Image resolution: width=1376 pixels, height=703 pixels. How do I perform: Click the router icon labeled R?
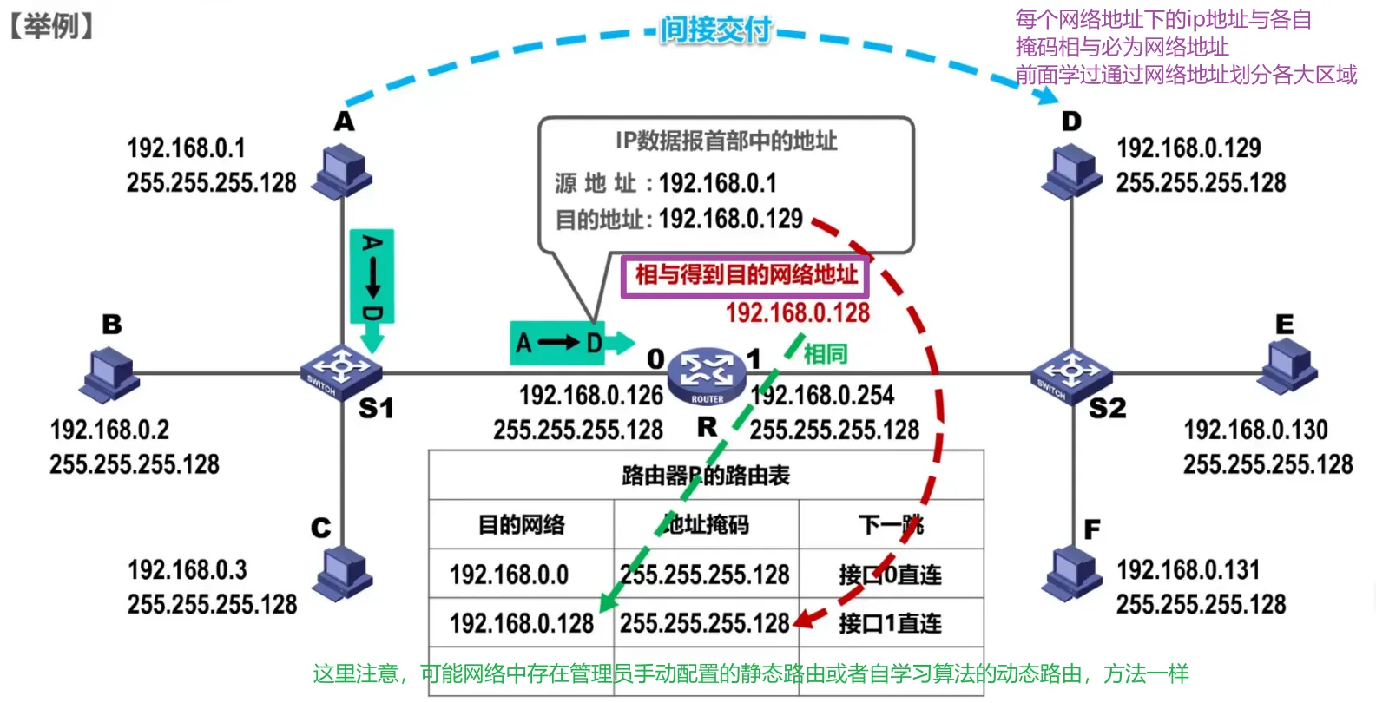pyautogui.click(x=707, y=374)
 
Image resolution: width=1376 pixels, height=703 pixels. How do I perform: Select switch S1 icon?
pyautogui.click(x=340, y=371)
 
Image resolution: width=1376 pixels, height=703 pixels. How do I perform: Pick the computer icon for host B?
pyautogui.click(x=110, y=374)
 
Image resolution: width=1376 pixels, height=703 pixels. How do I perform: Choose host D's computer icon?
pyautogui.click(x=1072, y=172)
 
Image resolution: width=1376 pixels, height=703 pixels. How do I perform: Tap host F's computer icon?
pyautogui.click(x=1072, y=575)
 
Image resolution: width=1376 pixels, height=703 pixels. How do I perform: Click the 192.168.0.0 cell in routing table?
pyautogui.click(x=510, y=575)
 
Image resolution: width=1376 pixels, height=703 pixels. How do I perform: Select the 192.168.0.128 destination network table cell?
pyautogui.click(x=522, y=623)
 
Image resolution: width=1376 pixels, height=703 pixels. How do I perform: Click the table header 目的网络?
pyautogui.click(x=522, y=524)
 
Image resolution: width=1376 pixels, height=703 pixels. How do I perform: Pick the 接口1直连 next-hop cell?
pyautogui.click(x=891, y=623)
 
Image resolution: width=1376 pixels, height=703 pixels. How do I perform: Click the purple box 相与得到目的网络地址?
pyautogui.click(x=745, y=275)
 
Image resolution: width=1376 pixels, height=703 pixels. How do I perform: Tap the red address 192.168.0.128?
pyautogui.click(x=797, y=313)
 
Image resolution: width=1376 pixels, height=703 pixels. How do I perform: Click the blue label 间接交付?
pyautogui.click(x=715, y=30)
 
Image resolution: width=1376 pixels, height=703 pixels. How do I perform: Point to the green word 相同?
pyautogui.click(x=825, y=354)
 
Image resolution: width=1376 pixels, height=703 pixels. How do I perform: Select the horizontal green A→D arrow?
pyautogui.click(x=571, y=343)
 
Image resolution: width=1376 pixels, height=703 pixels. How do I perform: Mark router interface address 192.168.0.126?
pyautogui.click(x=590, y=396)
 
